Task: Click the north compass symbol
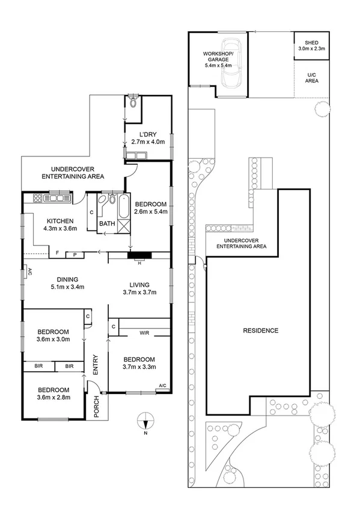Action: (145, 422)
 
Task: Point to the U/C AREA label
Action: (311, 78)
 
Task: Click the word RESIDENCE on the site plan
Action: (260, 330)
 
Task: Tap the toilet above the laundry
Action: (133, 103)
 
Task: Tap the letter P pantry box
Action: (75, 255)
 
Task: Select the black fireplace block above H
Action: (140, 255)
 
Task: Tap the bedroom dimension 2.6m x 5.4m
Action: (151, 212)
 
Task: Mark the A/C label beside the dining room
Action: (28, 271)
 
